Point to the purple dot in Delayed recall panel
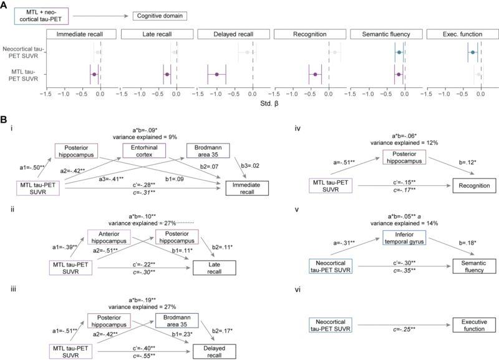[217, 74]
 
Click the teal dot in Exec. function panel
[473, 53]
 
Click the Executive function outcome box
[466, 324]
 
